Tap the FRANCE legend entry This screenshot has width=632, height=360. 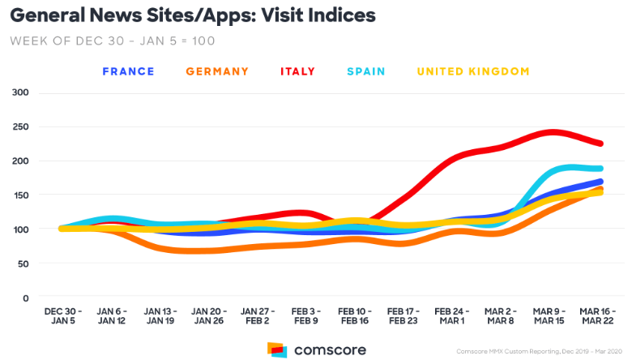pos(128,71)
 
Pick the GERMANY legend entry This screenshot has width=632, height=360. pos(217,71)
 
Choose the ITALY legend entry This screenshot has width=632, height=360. pos(298,71)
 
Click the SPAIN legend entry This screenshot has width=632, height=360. pos(365,71)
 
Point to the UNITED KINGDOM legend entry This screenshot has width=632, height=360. pos(473,71)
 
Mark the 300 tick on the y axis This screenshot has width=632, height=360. pos(19,92)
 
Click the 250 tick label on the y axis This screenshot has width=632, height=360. pos(19,126)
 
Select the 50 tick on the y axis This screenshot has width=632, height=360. pos(22,264)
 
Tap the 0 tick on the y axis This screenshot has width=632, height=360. pos(25,298)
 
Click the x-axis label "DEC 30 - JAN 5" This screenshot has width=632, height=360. pos(62,315)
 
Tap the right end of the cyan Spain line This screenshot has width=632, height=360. pos(601,169)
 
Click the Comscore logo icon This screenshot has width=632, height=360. pos(277,349)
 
